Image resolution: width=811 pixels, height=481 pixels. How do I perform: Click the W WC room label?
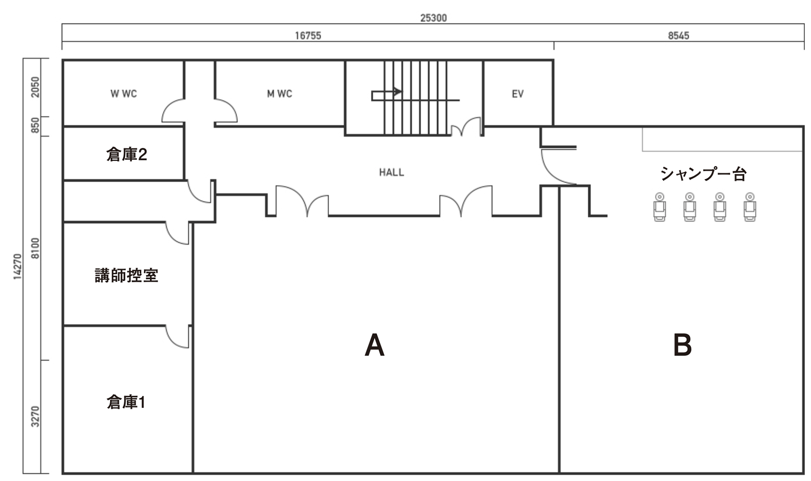pos(124,94)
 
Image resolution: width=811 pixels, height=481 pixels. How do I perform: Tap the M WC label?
pos(280,94)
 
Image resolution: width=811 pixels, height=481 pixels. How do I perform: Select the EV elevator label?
pos(518,94)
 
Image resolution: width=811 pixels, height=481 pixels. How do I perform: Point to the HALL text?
pos(391,172)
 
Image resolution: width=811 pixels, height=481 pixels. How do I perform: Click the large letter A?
pos(374,345)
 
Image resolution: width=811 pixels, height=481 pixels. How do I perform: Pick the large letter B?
pos(682,345)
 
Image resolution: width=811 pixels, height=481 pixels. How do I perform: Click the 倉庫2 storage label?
pos(127,155)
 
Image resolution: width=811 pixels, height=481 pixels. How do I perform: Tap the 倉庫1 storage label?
pos(126,402)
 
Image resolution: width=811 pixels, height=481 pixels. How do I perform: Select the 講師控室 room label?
pos(126,276)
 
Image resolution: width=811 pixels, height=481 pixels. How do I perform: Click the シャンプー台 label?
pos(703,174)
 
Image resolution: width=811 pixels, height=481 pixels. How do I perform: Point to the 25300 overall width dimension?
pos(433,18)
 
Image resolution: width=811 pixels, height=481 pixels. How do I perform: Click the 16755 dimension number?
pos(308,36)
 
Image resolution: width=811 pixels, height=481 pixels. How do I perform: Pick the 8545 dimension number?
pos(679,36)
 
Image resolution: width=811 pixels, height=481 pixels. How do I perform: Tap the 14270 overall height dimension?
pos(17,267)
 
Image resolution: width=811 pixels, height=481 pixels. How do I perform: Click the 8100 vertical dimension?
pos(35,248)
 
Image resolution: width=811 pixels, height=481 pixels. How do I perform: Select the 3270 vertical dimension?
pos(35,417)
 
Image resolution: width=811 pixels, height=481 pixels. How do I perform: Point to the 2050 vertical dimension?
pos(35,87)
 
